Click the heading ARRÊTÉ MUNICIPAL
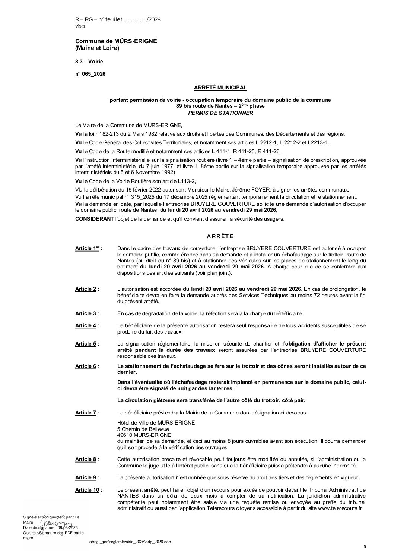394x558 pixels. (x=220, y=88)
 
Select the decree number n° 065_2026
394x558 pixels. (x=90, y=74)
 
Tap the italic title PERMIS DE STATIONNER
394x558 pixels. (x=220, y=113)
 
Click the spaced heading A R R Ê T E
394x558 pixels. (x=220, y=236)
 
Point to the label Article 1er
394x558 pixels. (x=88, y=249)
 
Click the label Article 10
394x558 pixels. (x=87, y=490)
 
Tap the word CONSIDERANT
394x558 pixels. (x=94, y=219)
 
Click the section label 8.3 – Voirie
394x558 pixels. (x=89, y=61)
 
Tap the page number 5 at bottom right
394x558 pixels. (x=365, y=547)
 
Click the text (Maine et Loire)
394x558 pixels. (x=97, y=48)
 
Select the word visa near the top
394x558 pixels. (x=80, y=26)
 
